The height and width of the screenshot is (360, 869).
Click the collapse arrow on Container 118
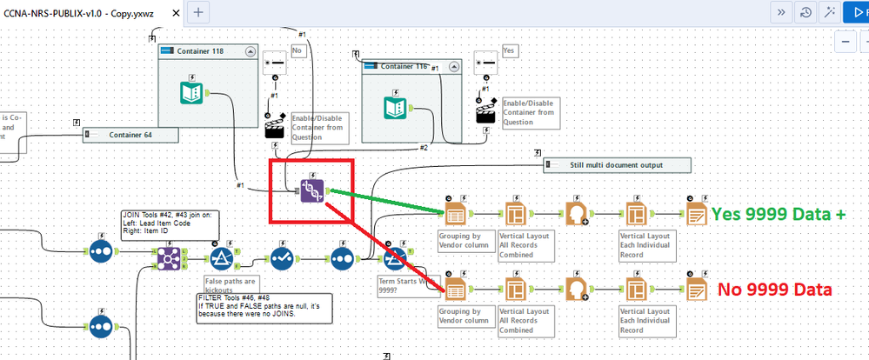[251, 51]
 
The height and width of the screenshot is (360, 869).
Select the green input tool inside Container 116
[398, 107]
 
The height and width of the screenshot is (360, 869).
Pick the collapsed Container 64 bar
[130, 135]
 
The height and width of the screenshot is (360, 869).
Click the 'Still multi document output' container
[618, 164]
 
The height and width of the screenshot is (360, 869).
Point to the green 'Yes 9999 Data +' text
[780, 215]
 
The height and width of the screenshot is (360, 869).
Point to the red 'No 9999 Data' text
[774, 290]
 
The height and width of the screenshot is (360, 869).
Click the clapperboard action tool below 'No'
[275, 128]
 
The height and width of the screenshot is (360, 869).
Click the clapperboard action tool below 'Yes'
[486, 114]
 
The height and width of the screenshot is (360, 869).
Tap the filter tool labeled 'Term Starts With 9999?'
[396, 258]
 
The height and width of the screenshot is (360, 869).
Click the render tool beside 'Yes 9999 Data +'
[697, 213]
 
